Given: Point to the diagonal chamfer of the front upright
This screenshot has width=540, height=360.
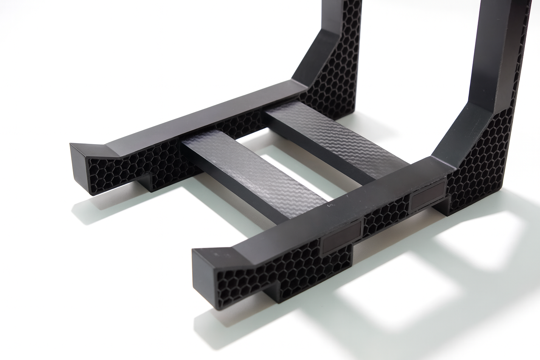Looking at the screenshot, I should [454, 134].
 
